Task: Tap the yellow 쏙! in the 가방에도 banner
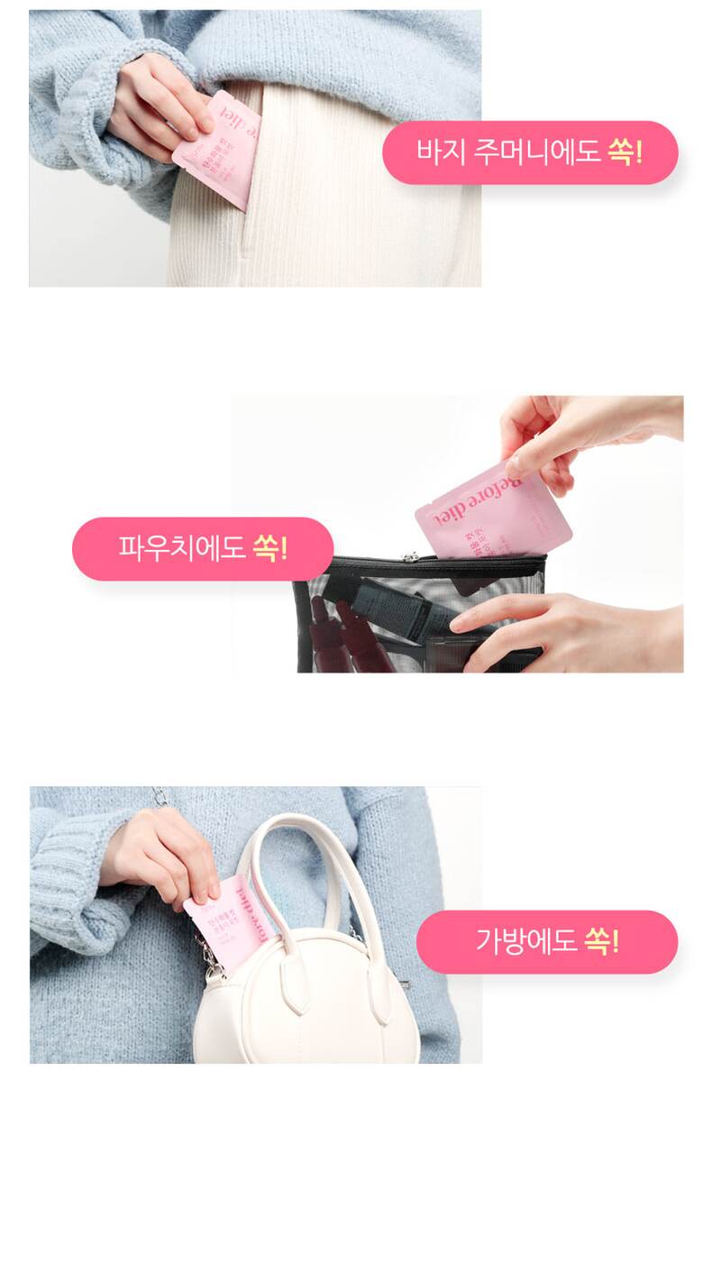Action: point(601,941)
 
